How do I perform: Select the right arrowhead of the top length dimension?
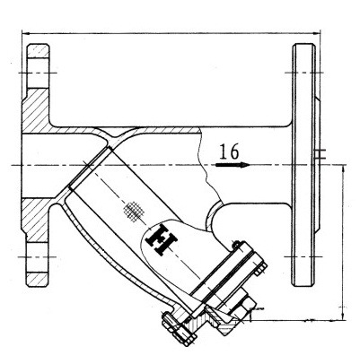[x=315, y=35]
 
